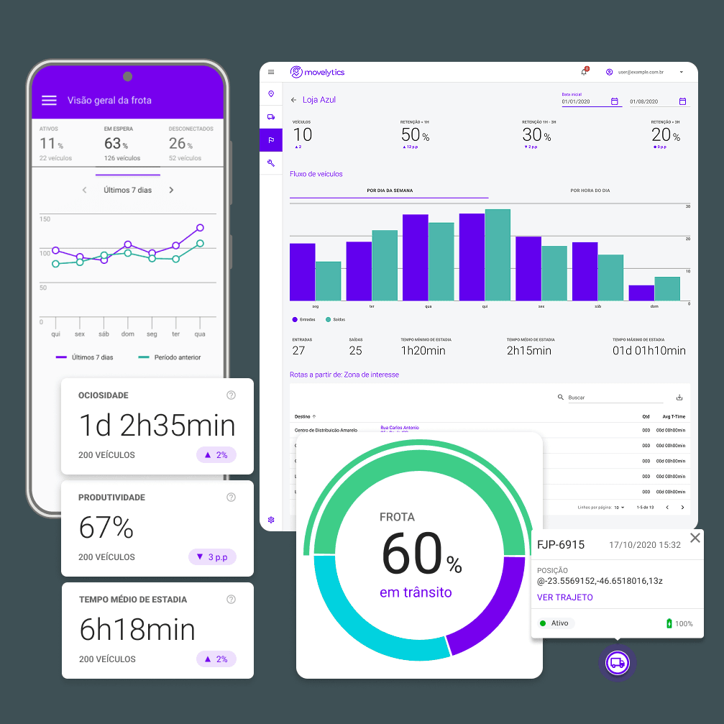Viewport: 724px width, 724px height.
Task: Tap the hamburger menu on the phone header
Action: pyautogui.click(x=49, y=101)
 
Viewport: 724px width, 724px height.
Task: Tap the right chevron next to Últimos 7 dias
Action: pyautogui.click(x=171, y=191)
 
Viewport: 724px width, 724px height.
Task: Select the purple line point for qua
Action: pyautogui.click(x=200, y=228)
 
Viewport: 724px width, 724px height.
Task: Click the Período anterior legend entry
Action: pyautogui.click(x=170, y=357)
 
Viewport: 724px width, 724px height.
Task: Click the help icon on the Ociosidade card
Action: pyautogui.click(x=231, y=395)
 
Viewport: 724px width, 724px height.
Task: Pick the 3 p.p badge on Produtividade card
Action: pyautogui.click(x=212, y=557)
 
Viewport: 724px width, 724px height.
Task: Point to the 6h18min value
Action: pyautogui.click(x=137, y=630)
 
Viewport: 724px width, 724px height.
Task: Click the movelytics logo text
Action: pyautogui.click(x=324, y=72)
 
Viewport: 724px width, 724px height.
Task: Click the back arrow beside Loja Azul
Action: pyautogui.click(x=293, y=100)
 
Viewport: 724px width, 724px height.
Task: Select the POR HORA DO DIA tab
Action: pyautogui.click(x=590, y=191)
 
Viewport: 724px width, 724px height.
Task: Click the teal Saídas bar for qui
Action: pyautogui.click(x=498, y=255)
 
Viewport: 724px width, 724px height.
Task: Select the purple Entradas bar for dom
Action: pyautogui.click(x=641, y=293)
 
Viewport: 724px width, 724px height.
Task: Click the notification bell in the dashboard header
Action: pyautogui.click(x=584, y=72)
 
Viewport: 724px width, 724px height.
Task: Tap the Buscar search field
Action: pyautogui.click(x=615, y=398)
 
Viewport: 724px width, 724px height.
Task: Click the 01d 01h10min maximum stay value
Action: pyautogui.click(x=649, y=351)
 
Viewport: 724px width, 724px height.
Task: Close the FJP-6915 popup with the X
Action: pyautogui.click(x=695, y=538)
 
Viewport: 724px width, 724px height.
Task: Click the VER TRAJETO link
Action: pyautogui.click(x=564, y=597)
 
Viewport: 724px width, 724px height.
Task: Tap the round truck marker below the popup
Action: pyautogui.click(x=617, y=663)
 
